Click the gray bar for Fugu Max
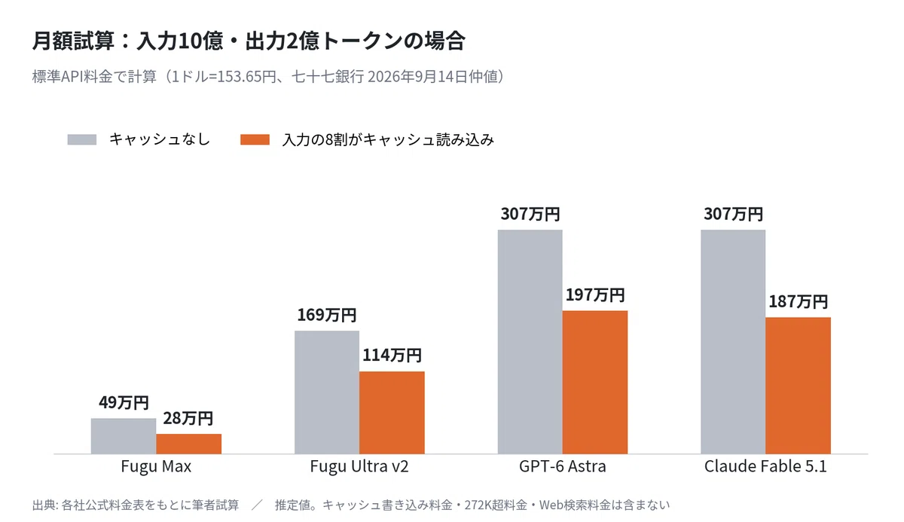[x=124, y=436]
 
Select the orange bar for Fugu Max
[x=189, y=444]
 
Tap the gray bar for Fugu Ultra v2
[x=327, y=392]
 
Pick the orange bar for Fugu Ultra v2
[x=392, y=413]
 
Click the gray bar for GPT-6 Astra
[x=530, y=342]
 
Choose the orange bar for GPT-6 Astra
[x=595, y=382]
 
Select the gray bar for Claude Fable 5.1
[x=733, y=342]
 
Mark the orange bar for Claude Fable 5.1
[x=799, y=386]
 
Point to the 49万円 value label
[x=124, y=402]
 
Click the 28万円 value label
[x=188, y=418]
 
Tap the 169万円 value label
[x=327, y=315]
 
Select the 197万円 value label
[x=595, y=295]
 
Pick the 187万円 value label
[x=799, y=301]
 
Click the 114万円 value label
[x=392, y=355]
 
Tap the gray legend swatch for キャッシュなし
[x=82, y=139]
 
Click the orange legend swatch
[x=255, y=139]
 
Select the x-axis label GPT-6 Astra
[x=563, y=466]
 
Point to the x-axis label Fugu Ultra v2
[x=359, y=466]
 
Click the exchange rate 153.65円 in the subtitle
[x=246, y=77]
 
